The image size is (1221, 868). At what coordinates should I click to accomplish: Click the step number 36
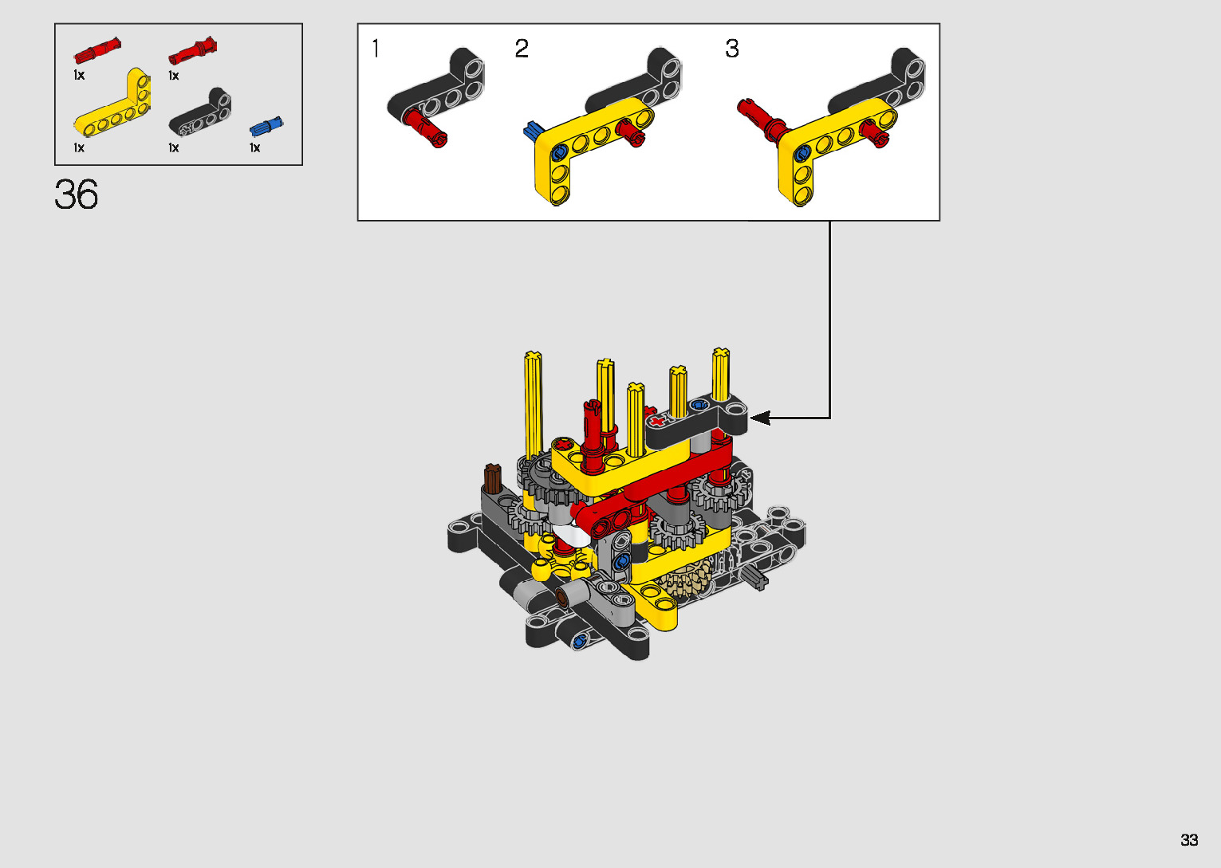[x=77, y=194]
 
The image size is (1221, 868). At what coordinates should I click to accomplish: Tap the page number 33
[x=1189, y=839]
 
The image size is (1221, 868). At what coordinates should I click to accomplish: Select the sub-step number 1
[x=376, y=49]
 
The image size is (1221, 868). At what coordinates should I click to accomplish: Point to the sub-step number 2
[x=522, y=49]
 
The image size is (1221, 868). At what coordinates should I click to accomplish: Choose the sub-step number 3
[x=732, y=49]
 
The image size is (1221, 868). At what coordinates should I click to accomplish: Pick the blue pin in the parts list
[x=266, y=127]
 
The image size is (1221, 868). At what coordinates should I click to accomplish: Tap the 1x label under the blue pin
[x=254, y=147]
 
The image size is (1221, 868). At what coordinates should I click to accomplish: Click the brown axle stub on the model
[x=493, y=478]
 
